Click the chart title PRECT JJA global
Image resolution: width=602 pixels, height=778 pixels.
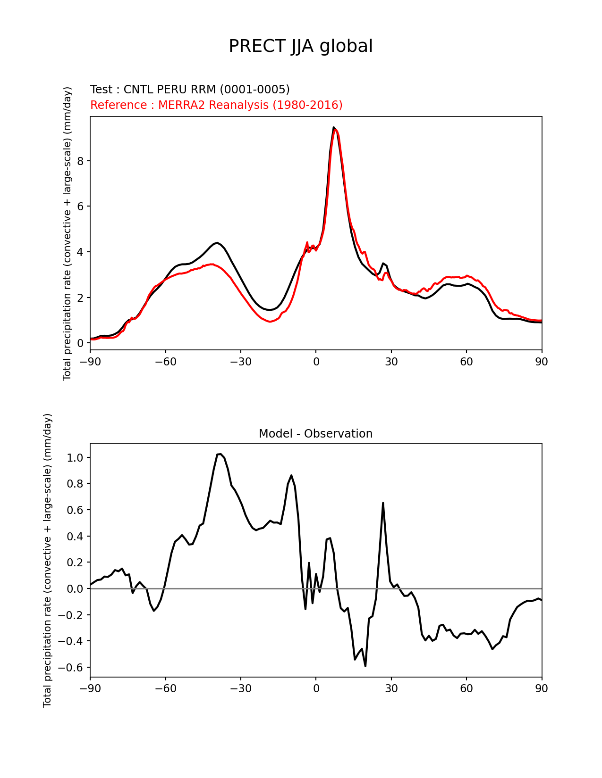[300, 46]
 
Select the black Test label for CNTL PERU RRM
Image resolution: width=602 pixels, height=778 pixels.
[190, 90]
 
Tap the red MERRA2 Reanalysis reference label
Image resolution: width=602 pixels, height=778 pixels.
[216, 105]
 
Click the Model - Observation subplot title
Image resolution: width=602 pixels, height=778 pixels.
[315, 434]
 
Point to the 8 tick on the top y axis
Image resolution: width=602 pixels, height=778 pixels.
[80, 161]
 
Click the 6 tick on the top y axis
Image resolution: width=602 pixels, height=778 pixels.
[80, 207]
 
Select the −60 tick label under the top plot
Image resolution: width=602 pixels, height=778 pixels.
[165, 362]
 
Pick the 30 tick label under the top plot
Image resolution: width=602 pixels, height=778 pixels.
[391, 362]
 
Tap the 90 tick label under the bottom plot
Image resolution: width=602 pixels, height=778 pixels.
[542, 689]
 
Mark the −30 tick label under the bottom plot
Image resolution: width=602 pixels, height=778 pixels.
[240, 689]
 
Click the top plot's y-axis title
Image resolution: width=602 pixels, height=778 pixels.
[68, 233]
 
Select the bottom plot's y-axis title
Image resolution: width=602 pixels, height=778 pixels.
[47, 560]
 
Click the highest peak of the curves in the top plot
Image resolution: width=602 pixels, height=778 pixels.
[334, 128]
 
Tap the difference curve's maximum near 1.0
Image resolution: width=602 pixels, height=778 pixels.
[220, 454]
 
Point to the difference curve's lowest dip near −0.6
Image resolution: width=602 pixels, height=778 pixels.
[365, 666]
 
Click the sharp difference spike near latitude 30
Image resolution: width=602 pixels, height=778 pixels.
[383, 503]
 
